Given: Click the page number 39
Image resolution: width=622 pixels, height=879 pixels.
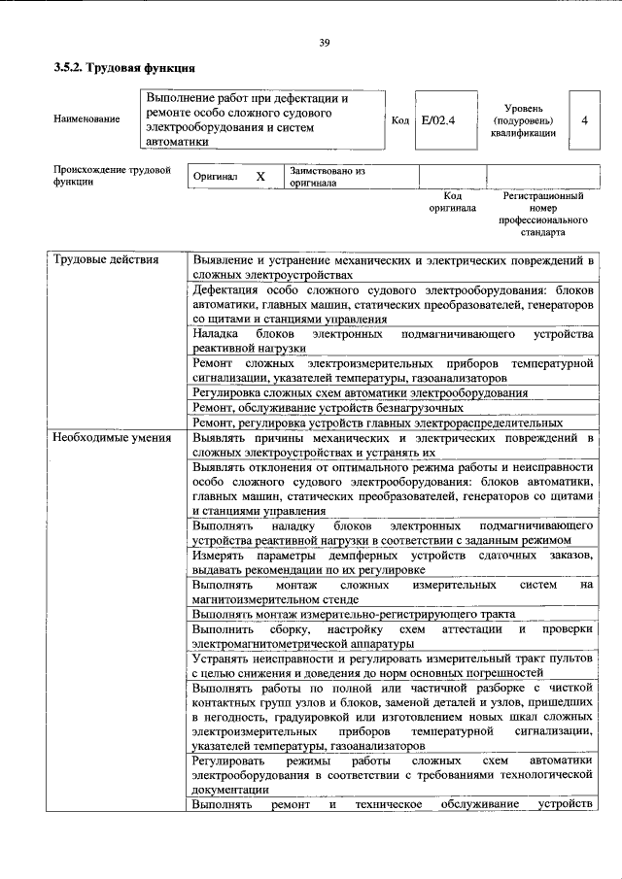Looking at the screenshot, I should pyautogui.click(x=325, y=41).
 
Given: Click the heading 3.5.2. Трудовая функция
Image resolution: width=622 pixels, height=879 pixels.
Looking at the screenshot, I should pyautogui.click(x=124, y=69).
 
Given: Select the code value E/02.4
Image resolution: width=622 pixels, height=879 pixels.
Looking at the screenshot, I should pyautogui.click(x=437, y=119).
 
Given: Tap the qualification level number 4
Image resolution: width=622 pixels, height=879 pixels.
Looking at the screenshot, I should pyautogui.click(x=583, y=119).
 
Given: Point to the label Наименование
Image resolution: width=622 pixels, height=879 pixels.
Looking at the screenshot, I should pyautogui.click(x=87, y=119).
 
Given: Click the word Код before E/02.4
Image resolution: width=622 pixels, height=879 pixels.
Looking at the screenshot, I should pyautogui.click(x=399, y=119).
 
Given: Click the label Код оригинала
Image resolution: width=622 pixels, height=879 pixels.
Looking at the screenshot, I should pyautogui.click(x=452, y=201).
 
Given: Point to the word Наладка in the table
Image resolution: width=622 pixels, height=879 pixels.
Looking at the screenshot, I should pyautogui.click(x=216, y=333).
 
